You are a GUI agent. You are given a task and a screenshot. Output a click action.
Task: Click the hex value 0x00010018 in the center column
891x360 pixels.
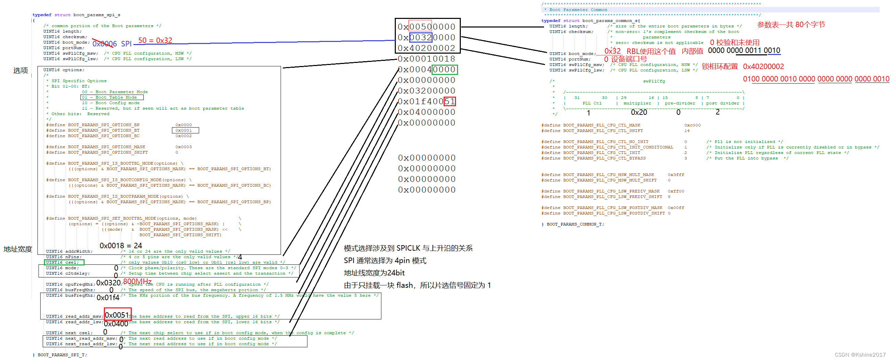[x=426, y=59]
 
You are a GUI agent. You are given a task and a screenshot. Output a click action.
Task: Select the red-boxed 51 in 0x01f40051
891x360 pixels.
[x=450, y=101]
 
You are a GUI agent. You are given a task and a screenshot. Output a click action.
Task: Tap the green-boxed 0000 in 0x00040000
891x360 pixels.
[x=444, y=69]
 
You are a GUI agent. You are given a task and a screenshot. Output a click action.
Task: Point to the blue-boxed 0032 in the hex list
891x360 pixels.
[x=421, y=37]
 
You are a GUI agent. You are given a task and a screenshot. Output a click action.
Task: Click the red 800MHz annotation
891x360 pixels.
[x=137, y=282]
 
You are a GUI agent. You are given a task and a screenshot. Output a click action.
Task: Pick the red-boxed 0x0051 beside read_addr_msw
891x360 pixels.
[x=117, y=315]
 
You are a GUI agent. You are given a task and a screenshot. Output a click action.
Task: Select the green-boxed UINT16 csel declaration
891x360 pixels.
[x=64, y=262]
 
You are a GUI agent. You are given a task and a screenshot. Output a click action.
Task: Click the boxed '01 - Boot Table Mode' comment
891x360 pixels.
[x=112, y=98]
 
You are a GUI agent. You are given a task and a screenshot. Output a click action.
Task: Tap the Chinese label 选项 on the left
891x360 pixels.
[x=20, y=70]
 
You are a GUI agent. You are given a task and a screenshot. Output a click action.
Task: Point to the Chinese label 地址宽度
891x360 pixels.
[x=18, y=249]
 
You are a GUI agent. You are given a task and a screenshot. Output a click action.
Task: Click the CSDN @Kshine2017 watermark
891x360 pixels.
[x=860, y=354]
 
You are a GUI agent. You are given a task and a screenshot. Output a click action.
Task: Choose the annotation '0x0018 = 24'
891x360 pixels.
[x=121, y=246]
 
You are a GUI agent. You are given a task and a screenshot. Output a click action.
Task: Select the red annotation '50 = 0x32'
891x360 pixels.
[x=155, y=41]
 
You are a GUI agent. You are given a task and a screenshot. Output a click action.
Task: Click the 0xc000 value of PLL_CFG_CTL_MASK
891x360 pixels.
[x=692, y=125]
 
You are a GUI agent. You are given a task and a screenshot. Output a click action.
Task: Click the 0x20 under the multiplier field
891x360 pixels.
[x=639, y=112]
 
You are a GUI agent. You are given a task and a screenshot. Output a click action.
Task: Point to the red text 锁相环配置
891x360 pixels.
[x=719, y=66]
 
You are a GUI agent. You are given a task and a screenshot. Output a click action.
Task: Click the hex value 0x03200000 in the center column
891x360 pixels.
[x=426, y=91]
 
